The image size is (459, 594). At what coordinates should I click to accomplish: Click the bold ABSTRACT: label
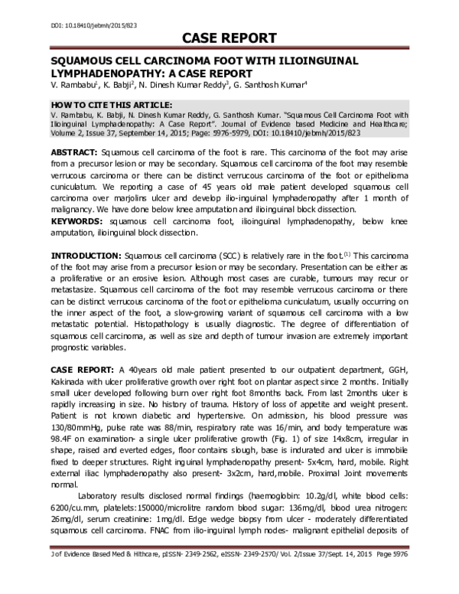pos(76,154)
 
